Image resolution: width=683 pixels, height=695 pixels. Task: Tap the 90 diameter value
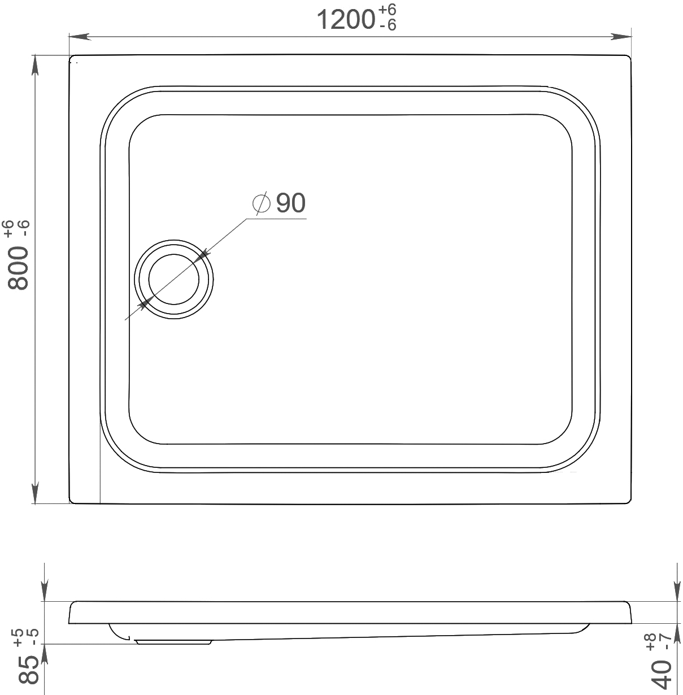click(291, 203)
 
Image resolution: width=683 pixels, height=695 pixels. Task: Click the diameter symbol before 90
click(261, 203)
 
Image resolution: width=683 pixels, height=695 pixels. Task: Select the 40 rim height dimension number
click(662, 671)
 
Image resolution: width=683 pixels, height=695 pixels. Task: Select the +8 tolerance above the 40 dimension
click(651, 639)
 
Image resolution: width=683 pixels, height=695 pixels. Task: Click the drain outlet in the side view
click(173, 642)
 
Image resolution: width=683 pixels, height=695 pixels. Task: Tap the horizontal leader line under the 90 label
click(277, 218)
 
